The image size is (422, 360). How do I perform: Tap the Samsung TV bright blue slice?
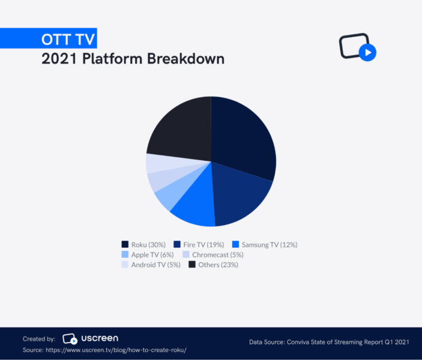[x=195, y=210]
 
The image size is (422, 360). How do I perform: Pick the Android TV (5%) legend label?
[x=155, y=265]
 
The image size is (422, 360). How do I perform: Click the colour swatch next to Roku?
[x=125, y=244]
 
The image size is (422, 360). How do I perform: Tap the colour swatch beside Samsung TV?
[x=235, y=244]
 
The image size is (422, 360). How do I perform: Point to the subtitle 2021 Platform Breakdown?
[x=133, y=59]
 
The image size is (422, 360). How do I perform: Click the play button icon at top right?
[x=367, y=52]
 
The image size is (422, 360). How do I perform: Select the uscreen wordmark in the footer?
[x=100, y=338]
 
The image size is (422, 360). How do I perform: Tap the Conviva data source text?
[x=329, y=342]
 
